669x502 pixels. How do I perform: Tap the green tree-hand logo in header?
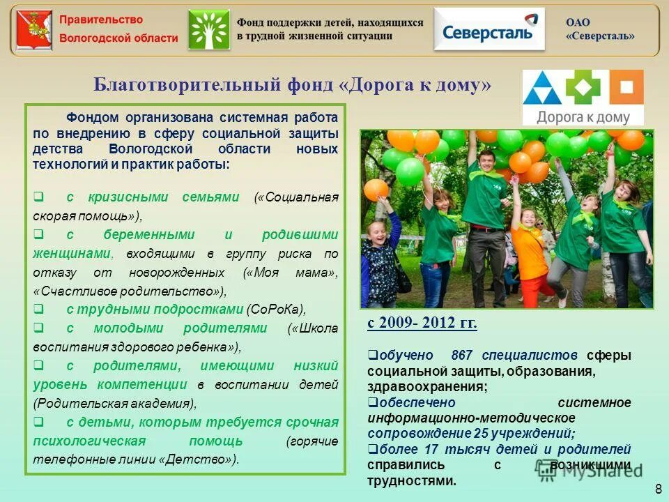point(208,29)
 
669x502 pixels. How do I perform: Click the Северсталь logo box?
point(489,29)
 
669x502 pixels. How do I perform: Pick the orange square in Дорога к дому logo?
point(626,87)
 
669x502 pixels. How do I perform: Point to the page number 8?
point(658,487)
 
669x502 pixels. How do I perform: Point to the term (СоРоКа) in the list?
point(277,309)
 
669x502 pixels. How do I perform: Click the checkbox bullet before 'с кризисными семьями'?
point(39,197)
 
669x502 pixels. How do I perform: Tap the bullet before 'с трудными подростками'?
point(39,309)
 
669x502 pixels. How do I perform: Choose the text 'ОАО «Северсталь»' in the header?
point(600,29)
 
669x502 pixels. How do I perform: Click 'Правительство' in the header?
point(101,20)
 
